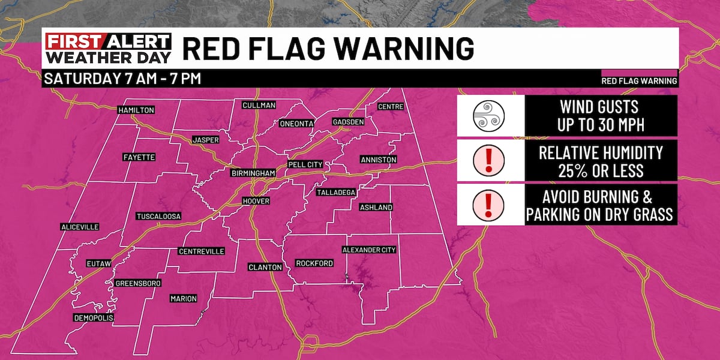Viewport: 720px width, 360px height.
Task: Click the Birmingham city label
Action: [x=253, y=173]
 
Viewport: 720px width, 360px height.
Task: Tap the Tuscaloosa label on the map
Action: [x=159, y=216]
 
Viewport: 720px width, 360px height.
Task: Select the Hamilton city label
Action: [x=136, y=110]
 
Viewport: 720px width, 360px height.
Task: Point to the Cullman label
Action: [x=259, y=106]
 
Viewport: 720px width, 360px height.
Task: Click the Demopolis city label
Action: [x=93, y=317]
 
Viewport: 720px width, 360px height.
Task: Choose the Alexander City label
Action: [x=368, y=250]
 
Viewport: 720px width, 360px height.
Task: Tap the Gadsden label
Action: [x=348, y=122]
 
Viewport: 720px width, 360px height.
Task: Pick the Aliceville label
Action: [x=79, y=227]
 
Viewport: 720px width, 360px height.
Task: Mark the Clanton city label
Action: [x=265, y=267]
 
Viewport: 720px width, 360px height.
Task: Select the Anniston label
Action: [x=378, y=160]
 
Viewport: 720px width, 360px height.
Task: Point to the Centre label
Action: [x=391, y=107]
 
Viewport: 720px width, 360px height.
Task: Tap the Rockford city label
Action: [x=314, y=263]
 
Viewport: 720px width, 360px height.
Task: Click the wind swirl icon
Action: [x=488, y=116]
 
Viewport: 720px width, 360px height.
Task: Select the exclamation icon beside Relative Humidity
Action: [x=488, y=160]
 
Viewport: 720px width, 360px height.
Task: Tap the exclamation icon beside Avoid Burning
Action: [x=488, y=205]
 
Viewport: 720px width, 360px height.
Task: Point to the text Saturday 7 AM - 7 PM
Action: [x=122, y=79]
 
